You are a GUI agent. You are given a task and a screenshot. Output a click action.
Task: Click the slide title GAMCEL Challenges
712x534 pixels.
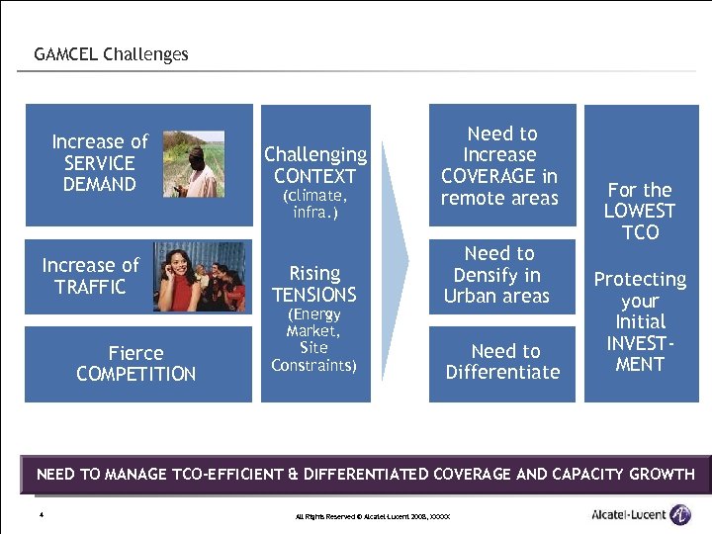tap(111, 54)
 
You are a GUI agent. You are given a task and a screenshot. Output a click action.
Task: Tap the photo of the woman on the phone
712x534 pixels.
tap(198, 277)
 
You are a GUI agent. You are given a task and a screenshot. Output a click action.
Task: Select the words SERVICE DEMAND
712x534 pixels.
tap(99, 174)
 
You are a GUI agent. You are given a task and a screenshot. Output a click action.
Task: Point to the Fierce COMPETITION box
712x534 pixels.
tap(136, 364)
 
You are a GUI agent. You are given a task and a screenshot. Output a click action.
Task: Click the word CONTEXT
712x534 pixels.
tap(314, 177)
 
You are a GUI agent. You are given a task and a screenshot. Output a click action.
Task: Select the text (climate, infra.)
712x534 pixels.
tap(314, 205)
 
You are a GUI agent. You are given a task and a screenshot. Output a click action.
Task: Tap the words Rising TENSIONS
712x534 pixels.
tap(314, 284)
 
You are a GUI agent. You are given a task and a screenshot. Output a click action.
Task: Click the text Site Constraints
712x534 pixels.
tap(314, 357)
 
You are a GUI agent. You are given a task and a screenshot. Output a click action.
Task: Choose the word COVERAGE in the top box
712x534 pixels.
tap(499, 177)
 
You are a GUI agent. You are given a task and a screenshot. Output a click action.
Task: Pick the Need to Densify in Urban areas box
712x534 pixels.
tap(498, 275)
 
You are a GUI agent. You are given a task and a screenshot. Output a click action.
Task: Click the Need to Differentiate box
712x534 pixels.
tap(502, 362)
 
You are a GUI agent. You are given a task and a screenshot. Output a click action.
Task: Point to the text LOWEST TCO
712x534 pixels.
tap(640, 222)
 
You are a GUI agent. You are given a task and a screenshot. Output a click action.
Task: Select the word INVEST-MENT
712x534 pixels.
tap(640, 353)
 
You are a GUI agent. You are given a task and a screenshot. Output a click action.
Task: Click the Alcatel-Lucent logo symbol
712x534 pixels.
tap(680, 514)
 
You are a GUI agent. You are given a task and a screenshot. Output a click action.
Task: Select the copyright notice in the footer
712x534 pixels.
tap(373, 517)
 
